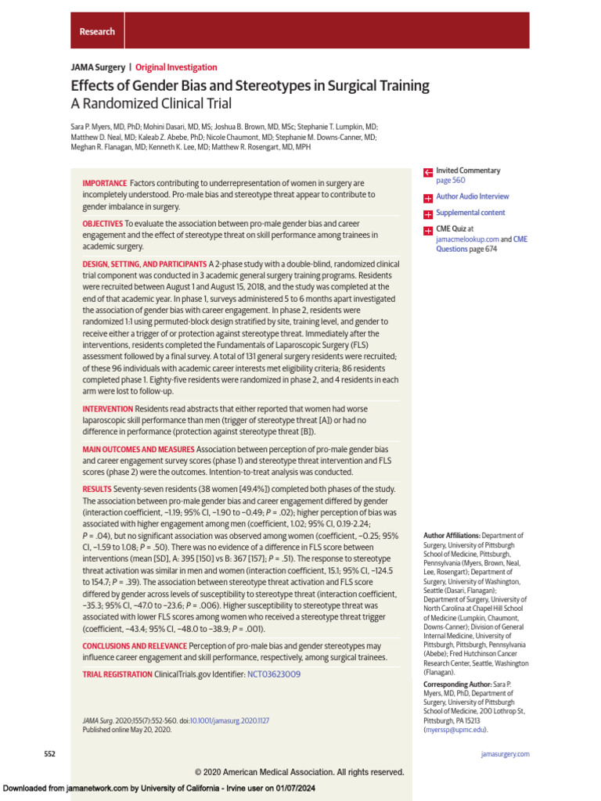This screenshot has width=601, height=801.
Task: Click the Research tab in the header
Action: [97, 32]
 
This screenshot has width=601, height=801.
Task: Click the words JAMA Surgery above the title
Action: [98, 68]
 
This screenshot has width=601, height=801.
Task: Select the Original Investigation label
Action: [176, 68]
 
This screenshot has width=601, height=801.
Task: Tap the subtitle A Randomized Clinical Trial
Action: [151, 103]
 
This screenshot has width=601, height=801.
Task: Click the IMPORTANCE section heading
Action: [104, 183]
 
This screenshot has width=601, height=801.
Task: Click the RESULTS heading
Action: [97, 489]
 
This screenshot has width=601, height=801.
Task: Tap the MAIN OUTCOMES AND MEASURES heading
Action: [138, 450]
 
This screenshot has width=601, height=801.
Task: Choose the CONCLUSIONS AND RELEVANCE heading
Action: [135, 646]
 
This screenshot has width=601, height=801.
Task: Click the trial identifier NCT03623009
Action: [274, 674]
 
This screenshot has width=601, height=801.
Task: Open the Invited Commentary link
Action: [468, 171]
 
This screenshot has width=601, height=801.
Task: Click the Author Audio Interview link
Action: [472, 197]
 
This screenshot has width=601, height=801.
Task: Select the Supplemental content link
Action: [470, 213]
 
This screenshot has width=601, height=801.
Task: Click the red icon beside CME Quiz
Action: [427, 231]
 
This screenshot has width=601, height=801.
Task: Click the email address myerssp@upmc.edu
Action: [455, 729]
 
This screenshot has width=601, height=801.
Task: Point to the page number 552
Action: [49, 754]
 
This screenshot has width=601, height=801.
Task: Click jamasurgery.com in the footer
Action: [504, 754]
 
